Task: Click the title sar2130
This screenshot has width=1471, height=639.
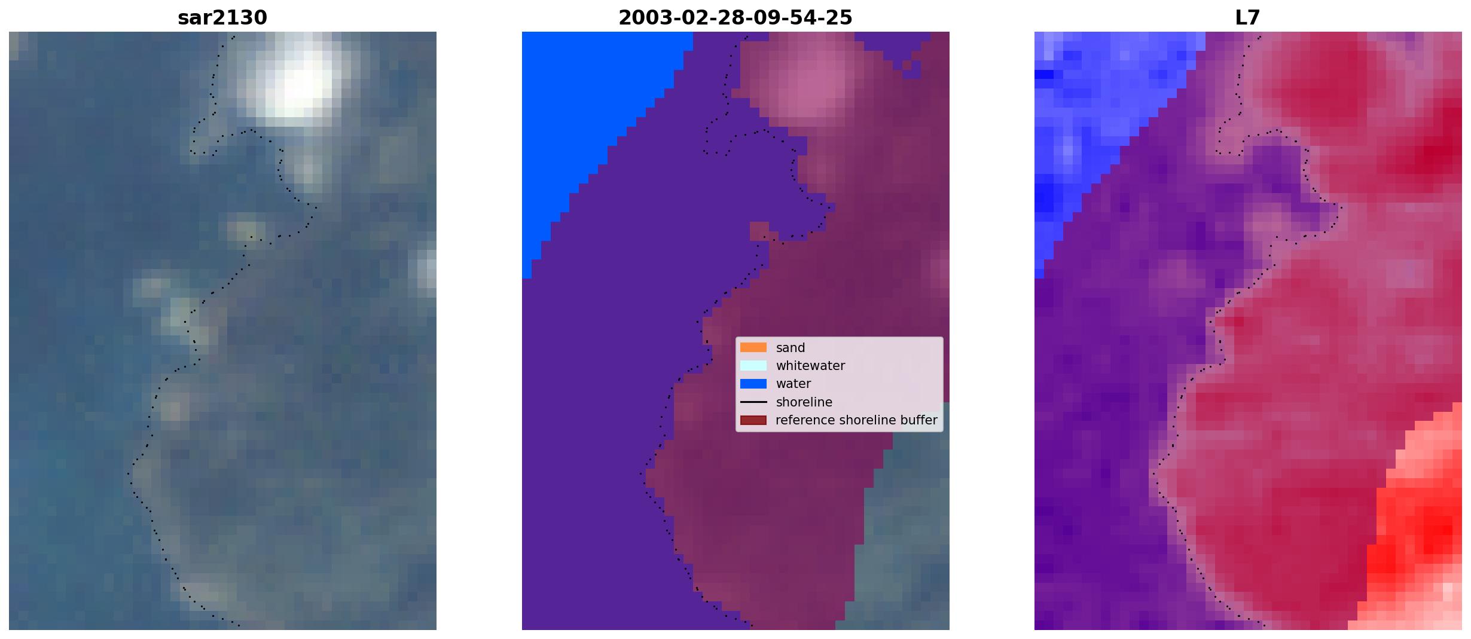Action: click(x=222, y=18)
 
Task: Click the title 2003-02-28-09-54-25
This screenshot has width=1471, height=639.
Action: click(x=736, y=18)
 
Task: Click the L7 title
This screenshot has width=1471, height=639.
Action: click(x=1248, y=18)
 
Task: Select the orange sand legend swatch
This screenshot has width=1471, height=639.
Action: click(x=753, y=347)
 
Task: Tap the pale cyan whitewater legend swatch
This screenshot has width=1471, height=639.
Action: click(x=753, y=365)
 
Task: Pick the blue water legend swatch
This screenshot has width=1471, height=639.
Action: click(x=753, y=384)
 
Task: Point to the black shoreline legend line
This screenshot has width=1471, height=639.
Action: click(x=753, y=402)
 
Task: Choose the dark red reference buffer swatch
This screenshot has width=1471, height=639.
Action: click(x=753, y=420)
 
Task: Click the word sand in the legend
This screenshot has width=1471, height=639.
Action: click(x=791, y=348)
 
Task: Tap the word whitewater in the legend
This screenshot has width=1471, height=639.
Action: click(x=810, y=366)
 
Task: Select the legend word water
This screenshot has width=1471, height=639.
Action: click(x=794, y=384)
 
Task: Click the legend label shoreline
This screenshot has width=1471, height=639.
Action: click(x=804, y=402)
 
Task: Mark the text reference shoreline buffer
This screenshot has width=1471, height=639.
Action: click(x=856, y=420)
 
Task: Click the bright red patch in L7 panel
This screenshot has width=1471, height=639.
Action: click(x=1420, y=526)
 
